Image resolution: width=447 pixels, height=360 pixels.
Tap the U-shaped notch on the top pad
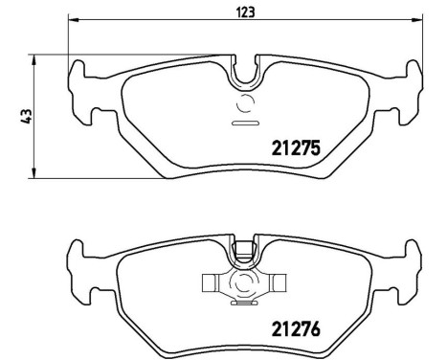245,69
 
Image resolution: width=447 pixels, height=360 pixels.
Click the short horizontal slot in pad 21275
245,124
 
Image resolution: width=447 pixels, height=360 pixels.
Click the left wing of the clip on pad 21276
211,282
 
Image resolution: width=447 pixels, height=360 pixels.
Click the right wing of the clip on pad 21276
279,282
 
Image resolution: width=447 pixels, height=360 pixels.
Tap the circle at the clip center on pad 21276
245,282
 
